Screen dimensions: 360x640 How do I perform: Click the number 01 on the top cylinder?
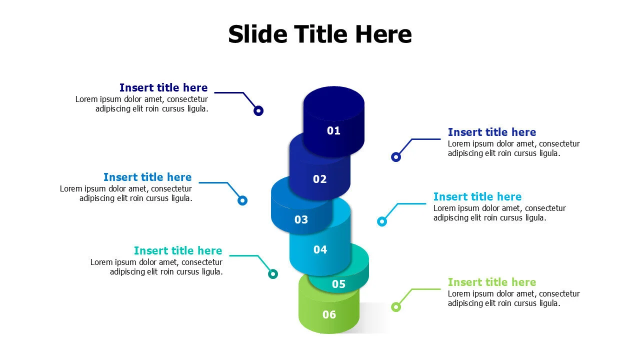(333, 131)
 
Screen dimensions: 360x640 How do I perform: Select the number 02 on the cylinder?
(319, 179)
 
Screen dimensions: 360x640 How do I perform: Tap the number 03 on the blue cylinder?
(301, 219)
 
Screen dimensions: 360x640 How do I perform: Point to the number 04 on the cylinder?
(320, 249)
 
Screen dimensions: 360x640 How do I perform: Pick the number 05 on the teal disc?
(338, 284)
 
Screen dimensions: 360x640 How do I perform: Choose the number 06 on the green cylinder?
(329, 314)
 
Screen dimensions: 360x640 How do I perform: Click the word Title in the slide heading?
(321, 34)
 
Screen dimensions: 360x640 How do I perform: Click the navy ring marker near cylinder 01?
(258, 111)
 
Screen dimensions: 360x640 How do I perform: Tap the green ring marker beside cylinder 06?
(396, 307)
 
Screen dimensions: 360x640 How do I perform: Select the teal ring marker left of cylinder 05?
(273, 274)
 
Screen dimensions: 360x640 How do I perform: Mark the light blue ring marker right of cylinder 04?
(382, 221)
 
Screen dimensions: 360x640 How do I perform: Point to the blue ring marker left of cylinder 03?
(242, 200)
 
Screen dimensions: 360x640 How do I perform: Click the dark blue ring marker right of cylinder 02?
(396, 157)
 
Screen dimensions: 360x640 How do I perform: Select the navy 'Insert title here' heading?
(163, 88)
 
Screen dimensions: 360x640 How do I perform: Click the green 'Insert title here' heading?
(491, 282)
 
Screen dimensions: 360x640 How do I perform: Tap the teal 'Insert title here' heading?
(178, 250)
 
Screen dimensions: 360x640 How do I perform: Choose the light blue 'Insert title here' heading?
(477, 196)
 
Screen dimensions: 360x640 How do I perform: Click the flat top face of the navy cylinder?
(333, 101)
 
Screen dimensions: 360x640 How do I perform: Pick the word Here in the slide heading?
(383, 34)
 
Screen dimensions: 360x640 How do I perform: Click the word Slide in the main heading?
(257, 34)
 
